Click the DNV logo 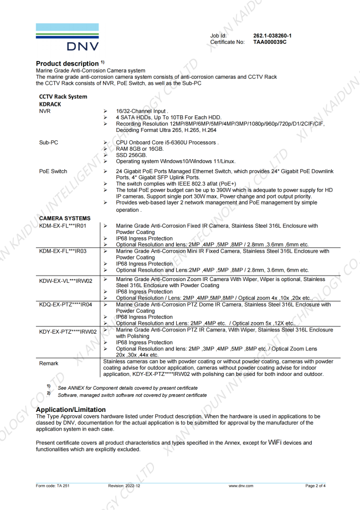point(68,37)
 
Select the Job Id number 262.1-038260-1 point(272,35)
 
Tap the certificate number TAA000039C point(270,42)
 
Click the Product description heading point(70,64)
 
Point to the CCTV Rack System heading point(63,96)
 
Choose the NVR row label point(45,111)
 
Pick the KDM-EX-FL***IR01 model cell point(63,226)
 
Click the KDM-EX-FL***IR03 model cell point(63,252)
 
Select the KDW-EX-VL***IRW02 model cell point(66,280)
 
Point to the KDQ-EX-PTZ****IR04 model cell point(66,304)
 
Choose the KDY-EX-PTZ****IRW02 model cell point(68,331)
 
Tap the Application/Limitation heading point(70,410)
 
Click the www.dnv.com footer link point(241,486)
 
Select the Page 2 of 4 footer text point(315,486)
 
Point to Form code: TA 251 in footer point(53,486)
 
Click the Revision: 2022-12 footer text point(124,486)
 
